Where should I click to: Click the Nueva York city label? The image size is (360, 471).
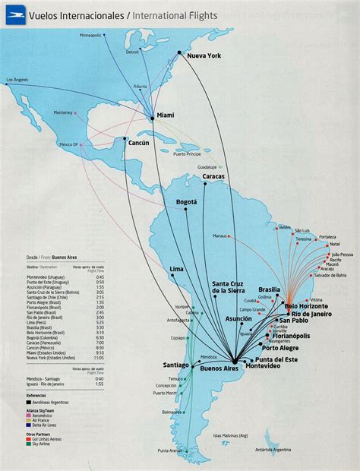(x=203, y=55)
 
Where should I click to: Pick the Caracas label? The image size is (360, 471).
(x=214, y=177)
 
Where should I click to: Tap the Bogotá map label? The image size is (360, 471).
(x=186, y=201)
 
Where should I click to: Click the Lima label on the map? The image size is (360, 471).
(x=176, y=269)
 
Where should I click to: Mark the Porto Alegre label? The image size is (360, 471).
(x=280, y=349)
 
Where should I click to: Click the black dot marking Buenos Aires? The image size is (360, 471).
(x=236, y=361)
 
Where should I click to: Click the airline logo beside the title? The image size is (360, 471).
(x=14, y=14)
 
